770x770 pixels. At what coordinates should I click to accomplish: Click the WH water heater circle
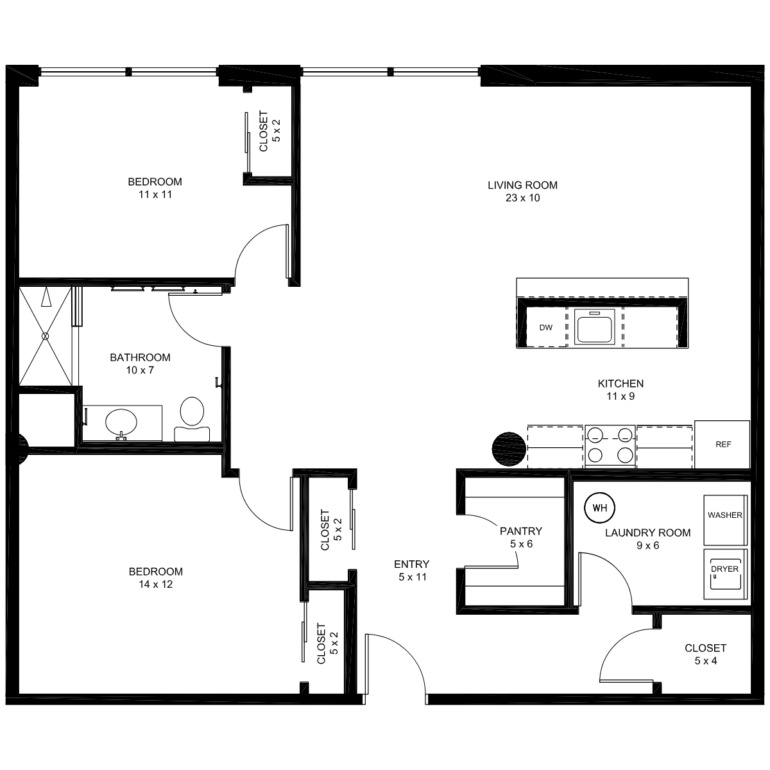(599, 508)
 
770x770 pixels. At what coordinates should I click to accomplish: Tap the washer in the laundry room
(725, 520)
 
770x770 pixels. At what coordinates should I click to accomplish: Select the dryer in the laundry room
(725, 574)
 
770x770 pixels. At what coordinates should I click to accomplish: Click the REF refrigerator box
(722, 444)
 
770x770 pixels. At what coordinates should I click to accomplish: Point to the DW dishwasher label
(545, 328)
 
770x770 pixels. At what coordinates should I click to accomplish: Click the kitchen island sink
(594, 327)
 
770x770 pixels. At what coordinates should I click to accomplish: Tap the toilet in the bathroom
(192, 419)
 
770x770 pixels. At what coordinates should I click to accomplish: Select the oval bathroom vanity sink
(121, 422)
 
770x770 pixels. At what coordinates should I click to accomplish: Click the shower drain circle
(45, 336)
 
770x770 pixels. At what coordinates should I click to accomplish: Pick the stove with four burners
(610, 445)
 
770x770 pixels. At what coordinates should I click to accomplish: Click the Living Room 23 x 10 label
(522, 191)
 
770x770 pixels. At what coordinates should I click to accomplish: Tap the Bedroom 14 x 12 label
(155, 577)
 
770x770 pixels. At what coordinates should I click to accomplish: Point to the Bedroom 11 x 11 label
(155, 188)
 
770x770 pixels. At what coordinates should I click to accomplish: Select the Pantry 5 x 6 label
(521, 538)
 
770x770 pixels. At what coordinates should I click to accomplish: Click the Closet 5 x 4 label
(705, 654)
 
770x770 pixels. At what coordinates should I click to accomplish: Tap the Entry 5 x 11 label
(412, 570)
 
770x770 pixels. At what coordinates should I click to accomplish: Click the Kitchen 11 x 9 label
(620, 390)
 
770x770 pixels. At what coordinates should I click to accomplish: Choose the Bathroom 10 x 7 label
(141, 364)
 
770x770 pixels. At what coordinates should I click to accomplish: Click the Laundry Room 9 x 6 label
(647, 539)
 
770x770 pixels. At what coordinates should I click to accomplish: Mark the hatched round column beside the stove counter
(509, 449)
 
